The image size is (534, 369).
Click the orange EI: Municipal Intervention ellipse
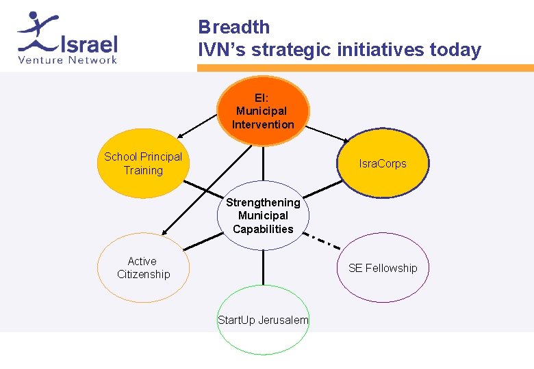click(x=263, y=111)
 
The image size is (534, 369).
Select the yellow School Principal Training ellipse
click(x=142, y=163)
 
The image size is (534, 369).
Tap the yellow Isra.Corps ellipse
click(x=383, y=163)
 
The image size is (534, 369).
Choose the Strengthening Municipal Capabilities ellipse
click(x=263, y=216)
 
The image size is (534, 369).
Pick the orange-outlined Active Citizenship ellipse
click(x=142, y=267)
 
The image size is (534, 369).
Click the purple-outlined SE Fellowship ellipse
click(x=383, y=267)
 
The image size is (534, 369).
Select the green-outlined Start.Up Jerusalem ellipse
click(x=263, y=320)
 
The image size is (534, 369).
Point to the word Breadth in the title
click(x=234, y=27)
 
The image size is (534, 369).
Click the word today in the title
click(x=455, y=50)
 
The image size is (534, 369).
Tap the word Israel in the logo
click(x=89, y=45)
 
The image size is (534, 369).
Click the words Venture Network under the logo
click(x=67, y=60)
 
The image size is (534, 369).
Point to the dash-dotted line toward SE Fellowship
click(x=325, y=241)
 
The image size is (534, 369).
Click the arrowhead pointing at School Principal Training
click(x=177, y=137)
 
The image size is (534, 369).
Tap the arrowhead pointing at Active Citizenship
click(x=164, y=231)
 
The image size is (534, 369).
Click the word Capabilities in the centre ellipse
click(x=263, y=230)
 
